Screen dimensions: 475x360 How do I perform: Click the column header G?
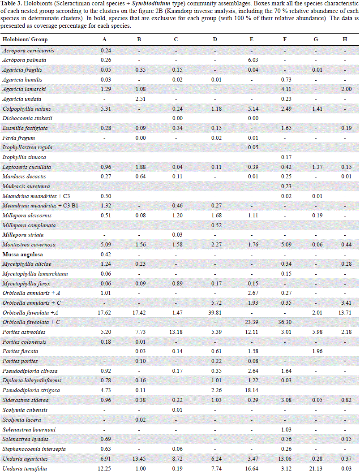[x=316, y=39]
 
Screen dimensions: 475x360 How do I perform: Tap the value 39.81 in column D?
[x=215, y=313]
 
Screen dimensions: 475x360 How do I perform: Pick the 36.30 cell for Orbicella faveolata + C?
[x=285, y=322]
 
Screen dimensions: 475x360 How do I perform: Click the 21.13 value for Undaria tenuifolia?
[x=316, y=469]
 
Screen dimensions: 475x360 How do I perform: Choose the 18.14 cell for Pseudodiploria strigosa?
[x=251, y=391]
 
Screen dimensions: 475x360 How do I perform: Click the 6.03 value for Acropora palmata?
[x=251, y=60]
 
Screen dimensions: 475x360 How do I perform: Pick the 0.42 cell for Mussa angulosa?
[x=104, y=254]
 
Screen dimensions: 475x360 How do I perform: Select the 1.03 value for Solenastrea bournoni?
[x=285, y=430]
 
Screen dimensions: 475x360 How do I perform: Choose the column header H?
[x=345, y=39]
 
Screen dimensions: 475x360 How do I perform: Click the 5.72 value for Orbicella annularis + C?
[x=215, y=303]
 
